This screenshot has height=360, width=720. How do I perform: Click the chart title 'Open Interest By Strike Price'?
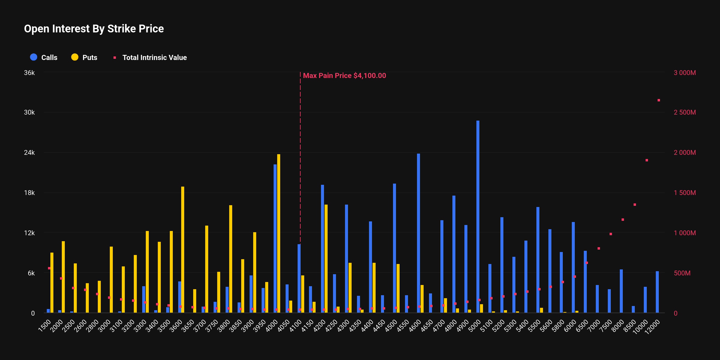click(94, 29)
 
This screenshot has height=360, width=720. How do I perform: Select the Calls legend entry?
click(44, 57)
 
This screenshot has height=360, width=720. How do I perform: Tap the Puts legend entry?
click(84, 57)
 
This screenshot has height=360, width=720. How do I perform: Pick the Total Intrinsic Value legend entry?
click(150, 57)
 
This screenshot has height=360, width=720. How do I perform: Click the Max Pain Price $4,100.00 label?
click(344, 76)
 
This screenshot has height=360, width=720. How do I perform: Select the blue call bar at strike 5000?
click(478, 217)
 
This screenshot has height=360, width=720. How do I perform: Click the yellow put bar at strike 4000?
click(279, 233)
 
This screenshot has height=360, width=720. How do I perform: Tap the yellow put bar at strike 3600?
click(183, 250)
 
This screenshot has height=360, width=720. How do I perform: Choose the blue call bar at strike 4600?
click(418, 233)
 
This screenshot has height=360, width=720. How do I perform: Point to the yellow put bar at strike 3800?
click(231, 259)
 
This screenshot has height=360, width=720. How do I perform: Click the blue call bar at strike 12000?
click(657, 292)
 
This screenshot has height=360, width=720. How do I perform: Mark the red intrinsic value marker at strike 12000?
click(659, 100)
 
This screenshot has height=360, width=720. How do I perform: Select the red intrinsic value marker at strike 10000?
click(647, 160)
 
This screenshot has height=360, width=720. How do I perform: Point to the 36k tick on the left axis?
click(29, 73)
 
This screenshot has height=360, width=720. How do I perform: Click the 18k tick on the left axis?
click(29, 193)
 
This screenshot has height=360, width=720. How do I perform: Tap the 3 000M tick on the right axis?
click(685, 73)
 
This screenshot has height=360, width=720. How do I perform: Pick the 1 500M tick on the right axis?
click(685, 193)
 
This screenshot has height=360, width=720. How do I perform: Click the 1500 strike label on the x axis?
click(45, 326)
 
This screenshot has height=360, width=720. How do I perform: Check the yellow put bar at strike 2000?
click(63, 277)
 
